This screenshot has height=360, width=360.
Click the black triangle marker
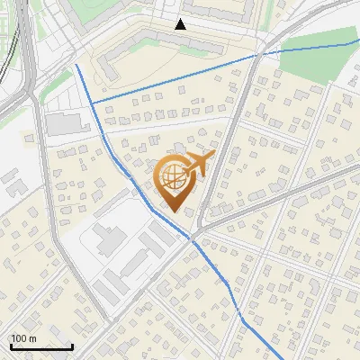click(181, 24)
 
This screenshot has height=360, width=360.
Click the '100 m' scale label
click(23, 338)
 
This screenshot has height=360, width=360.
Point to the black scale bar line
click(41, 346)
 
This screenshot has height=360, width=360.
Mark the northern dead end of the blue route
click(76, 65)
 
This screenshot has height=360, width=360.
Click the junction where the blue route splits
click(93, 103)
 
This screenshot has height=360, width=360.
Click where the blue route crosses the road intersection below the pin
click(192, 238)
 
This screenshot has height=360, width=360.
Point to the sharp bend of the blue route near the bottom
click(241, 319)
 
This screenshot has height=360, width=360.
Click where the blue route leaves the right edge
click(358, 40)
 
